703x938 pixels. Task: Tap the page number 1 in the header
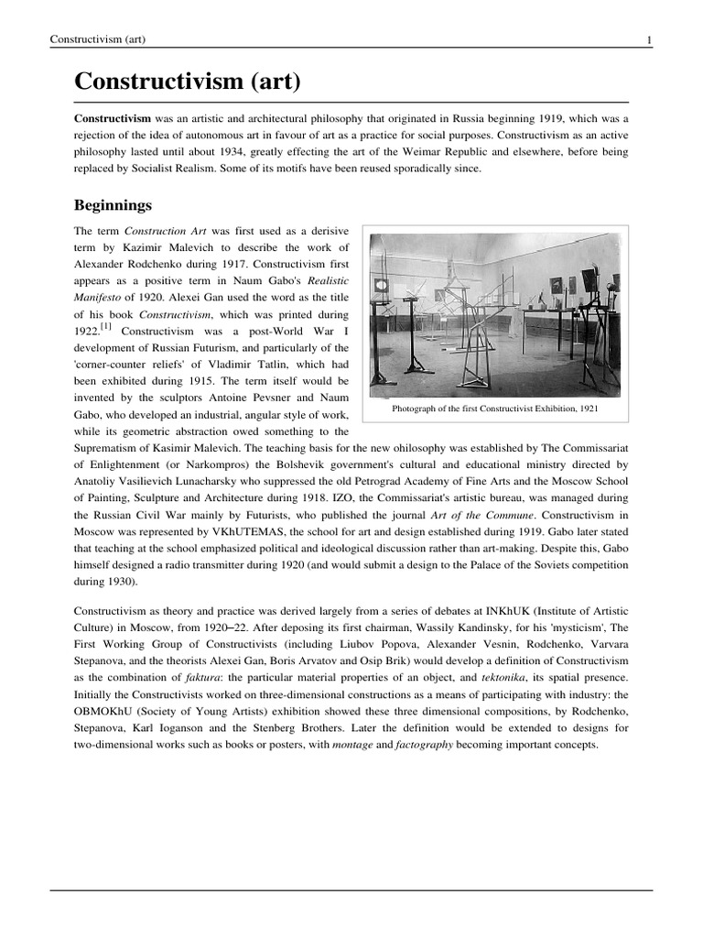pyautogui.click(x=649, y=38)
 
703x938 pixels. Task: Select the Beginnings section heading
pyautogui.click(x=113, y=204)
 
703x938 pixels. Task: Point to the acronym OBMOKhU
pyautogui.click(x=108, y=711)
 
